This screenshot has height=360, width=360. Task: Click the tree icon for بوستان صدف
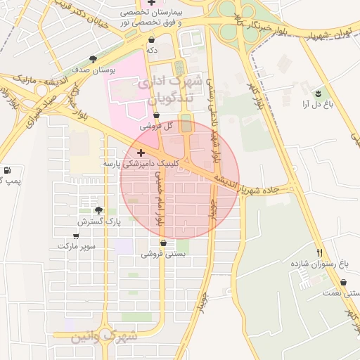(94, 60)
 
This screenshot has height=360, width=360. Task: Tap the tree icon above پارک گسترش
(98, 210)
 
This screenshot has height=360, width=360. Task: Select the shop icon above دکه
(151, 40)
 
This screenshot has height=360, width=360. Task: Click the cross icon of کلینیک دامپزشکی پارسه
(141, 153)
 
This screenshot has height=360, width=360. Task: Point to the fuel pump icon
(7, 170)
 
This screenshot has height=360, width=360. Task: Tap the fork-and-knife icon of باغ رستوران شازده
(320, 252)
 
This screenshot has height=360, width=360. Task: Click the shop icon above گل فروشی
(156, 115)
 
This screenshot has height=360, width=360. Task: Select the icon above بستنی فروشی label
(164, 243)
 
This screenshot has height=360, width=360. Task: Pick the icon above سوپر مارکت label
(77, 236)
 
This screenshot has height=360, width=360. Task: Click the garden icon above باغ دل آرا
(318, 93)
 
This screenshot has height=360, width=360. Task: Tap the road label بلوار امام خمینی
(159, 197)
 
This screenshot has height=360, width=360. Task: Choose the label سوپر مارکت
(77, 247)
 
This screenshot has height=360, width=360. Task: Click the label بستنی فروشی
(164, 255)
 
